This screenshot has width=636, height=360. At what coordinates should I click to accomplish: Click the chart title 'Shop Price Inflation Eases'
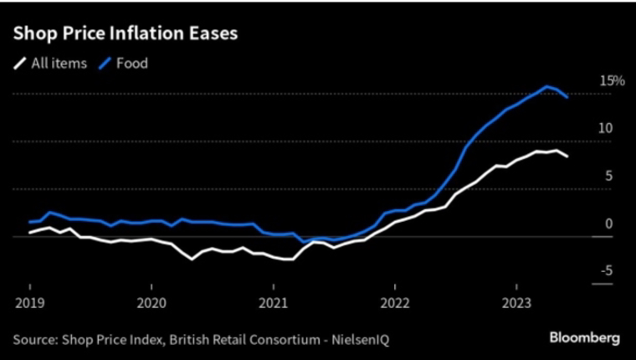126,33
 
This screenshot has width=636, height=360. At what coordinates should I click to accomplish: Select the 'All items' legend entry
50,64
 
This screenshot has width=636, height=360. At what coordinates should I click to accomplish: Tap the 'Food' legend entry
123,64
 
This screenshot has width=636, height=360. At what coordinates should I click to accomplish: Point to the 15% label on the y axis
612,80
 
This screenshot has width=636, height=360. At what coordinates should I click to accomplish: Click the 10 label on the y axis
606,128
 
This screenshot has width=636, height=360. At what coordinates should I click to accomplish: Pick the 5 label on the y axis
609,176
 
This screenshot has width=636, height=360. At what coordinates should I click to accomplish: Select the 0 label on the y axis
609,224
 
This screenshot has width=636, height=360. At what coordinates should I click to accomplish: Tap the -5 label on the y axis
607,270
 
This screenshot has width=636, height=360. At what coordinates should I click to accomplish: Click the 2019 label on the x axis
30,303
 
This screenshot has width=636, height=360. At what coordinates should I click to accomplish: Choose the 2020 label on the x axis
151,303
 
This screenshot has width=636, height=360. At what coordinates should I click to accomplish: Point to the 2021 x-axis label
274,303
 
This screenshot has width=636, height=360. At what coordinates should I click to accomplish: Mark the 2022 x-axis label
395,303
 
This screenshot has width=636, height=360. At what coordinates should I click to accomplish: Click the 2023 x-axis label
517,303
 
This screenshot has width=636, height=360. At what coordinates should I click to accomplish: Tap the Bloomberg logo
584,338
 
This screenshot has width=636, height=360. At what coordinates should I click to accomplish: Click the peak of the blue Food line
546,86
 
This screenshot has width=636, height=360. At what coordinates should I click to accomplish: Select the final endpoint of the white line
567,157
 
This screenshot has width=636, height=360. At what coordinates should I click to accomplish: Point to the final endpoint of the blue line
567,97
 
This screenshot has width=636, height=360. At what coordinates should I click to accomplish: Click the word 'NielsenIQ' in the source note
360,340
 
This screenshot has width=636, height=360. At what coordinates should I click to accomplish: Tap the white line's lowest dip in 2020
192,259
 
